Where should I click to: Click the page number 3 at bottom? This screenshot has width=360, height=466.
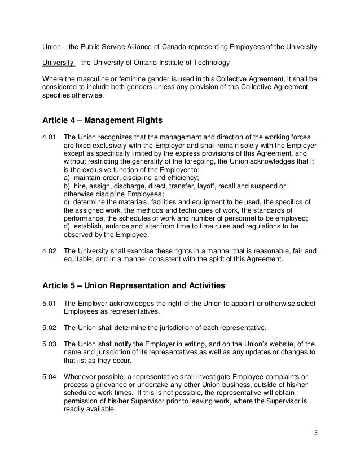tap(317, 433)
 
